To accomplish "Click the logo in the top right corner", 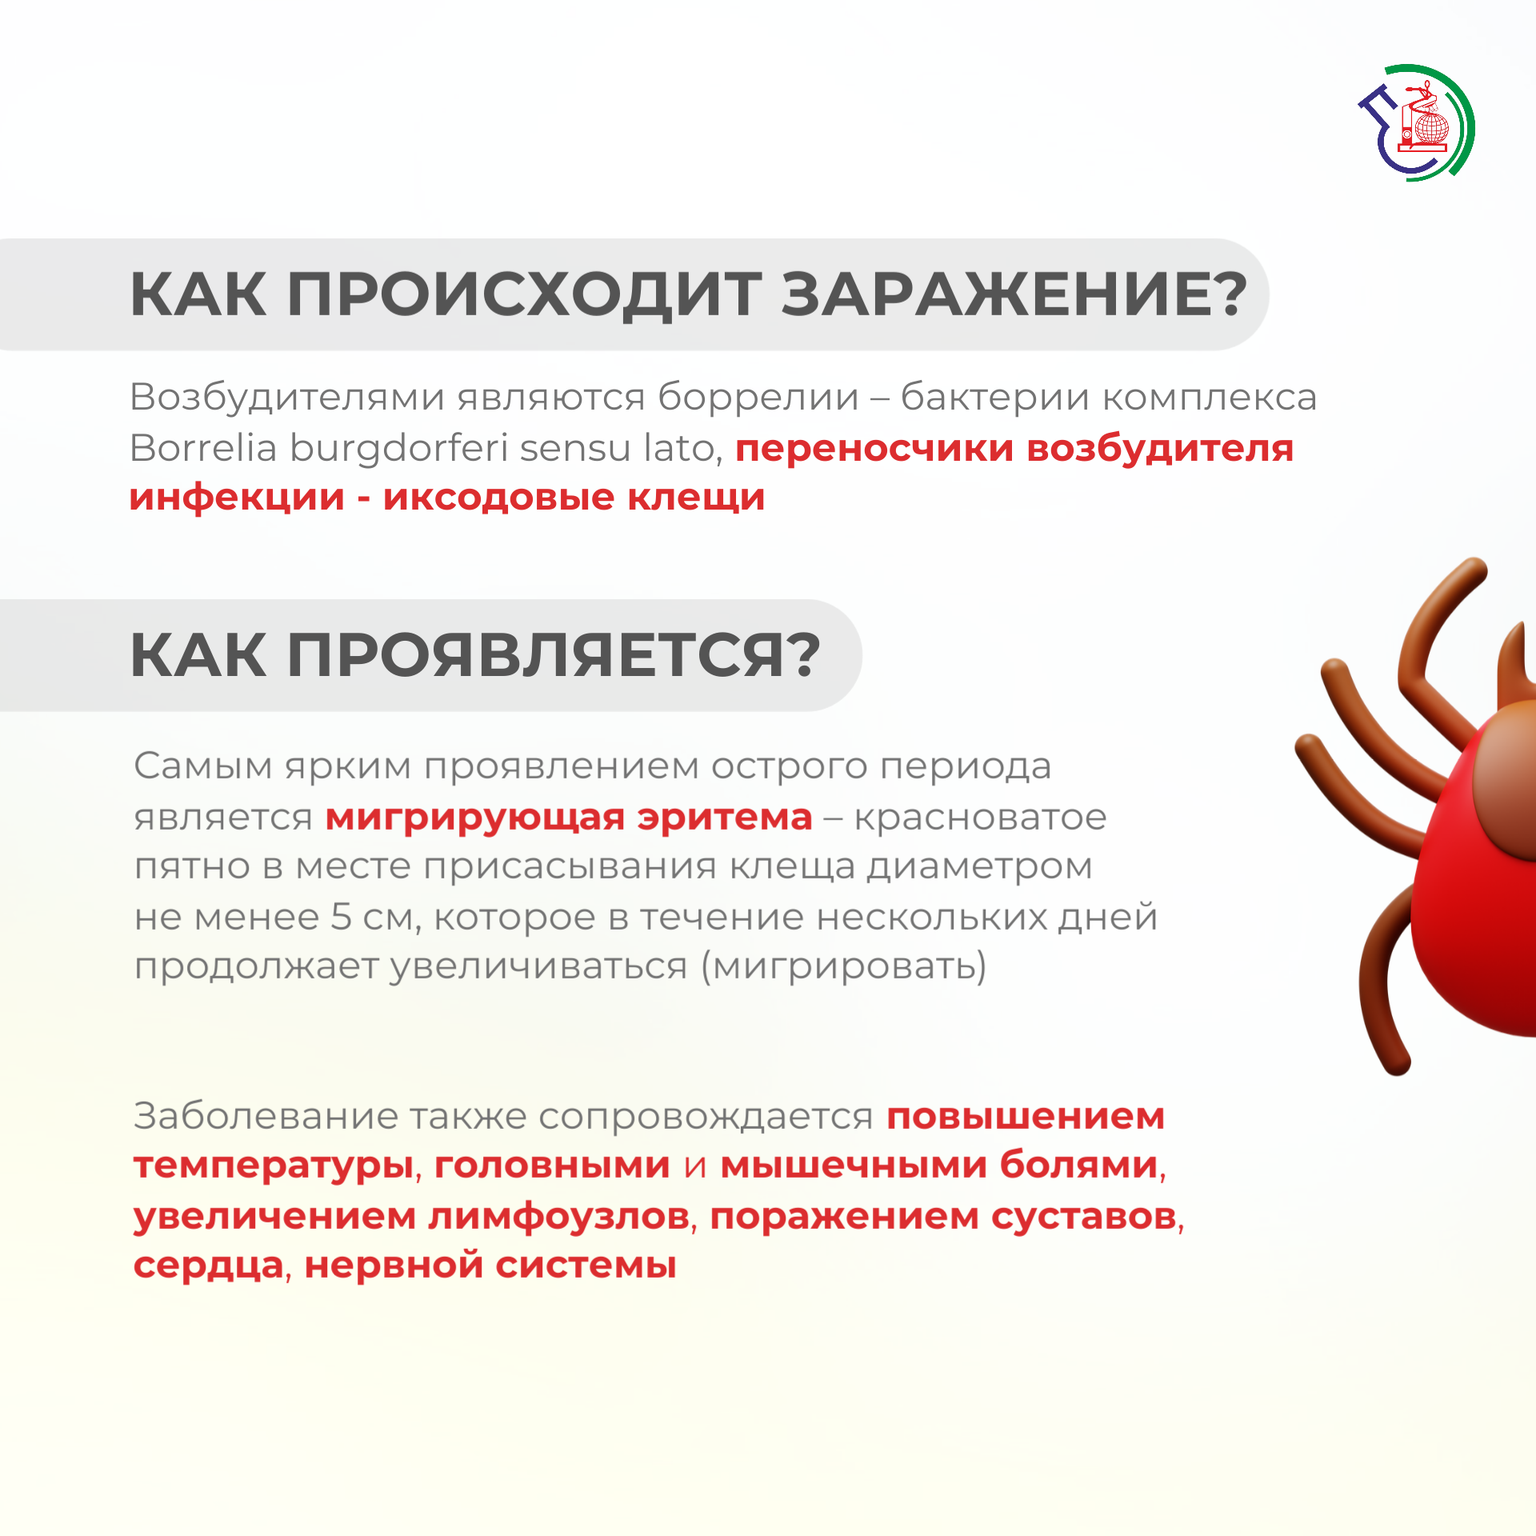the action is click(1417, 123).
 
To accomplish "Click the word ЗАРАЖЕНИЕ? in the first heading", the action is click(1014, 294).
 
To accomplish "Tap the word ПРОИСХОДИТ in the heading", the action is click(524, 295).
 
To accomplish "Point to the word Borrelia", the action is click(203, 448).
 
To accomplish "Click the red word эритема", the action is click(724, 818).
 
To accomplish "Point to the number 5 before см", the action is click(341, 917).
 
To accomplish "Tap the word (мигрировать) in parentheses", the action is click(843, 967).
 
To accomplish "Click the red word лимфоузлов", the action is click(558, 1217).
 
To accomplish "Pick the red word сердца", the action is click(209, 1266).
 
